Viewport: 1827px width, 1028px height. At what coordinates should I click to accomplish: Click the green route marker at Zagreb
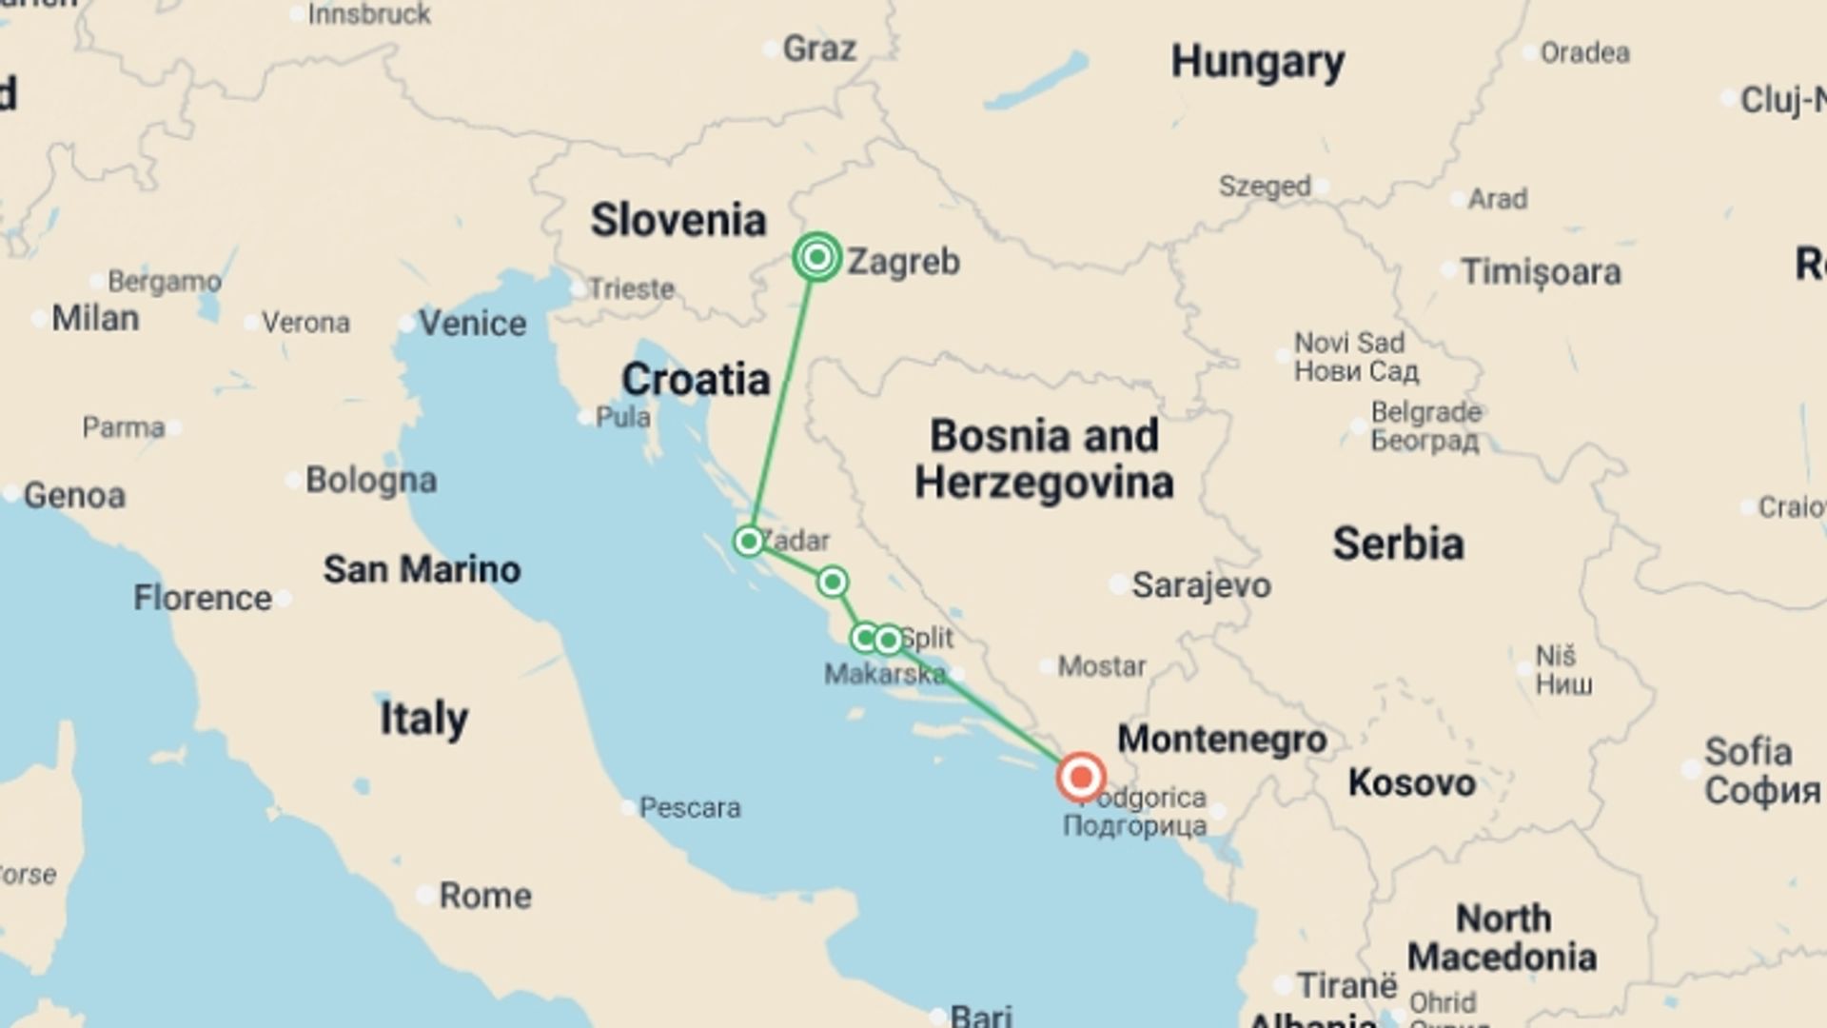[x=816, y=257]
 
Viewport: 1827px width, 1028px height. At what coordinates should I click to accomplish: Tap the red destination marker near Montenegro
[x=1080, y=778]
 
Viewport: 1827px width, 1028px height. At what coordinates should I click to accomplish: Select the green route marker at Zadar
[x=749, y=542]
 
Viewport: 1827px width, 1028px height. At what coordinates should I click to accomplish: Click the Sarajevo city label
[x=1200, y=585]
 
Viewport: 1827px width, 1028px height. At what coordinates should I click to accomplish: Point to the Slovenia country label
[x=678, y=220]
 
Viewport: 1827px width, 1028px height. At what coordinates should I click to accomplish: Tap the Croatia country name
[x=696, y=379]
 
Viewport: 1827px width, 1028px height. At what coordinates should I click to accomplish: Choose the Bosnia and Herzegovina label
[x=1044, y=459]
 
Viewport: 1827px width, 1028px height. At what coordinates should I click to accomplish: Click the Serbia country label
[x=1397, y=544]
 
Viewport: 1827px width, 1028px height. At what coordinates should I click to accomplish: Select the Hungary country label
[x=1257, y=62]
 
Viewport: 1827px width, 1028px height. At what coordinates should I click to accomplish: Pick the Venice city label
[x=472, y=324]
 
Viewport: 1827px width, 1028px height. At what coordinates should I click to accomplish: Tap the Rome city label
[x=484, y=896]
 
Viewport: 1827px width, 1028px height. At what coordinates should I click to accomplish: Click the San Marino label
[x=422, y=569]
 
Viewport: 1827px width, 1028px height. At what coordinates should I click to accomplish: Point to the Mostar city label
[x=1102, y=665]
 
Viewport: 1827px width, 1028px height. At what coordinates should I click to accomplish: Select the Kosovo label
[x=1411, y=782]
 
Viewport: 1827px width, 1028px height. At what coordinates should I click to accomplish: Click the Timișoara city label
[x=1541, y=272]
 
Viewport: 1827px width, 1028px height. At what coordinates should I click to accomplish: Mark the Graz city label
[x=818, y=49]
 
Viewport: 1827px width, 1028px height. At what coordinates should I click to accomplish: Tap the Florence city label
[x=202, y=598]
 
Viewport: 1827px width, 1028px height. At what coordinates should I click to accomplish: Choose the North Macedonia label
[x=1502, y=938]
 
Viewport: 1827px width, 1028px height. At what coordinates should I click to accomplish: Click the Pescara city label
[x=689, y=807]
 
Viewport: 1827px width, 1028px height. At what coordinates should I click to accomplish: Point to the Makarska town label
[x=884, y=674]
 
